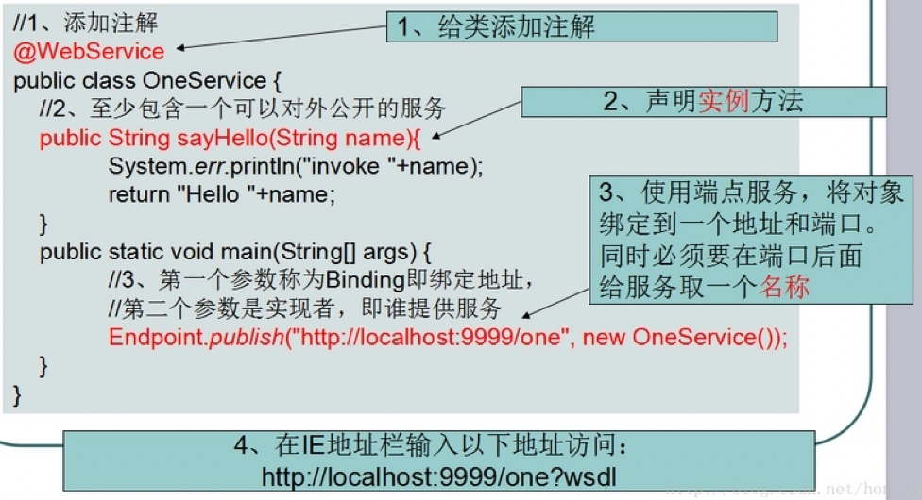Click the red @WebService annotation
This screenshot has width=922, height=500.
coord(89,51)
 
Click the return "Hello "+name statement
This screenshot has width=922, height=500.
coord(222,194)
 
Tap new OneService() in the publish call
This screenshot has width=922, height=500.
coord(679,338)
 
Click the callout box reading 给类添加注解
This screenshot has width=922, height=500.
coord(580,26)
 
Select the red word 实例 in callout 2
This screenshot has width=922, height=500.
coord(724,102)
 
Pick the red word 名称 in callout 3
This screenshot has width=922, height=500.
coord(784,287)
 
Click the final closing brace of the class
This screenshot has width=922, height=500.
coord(16,392)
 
